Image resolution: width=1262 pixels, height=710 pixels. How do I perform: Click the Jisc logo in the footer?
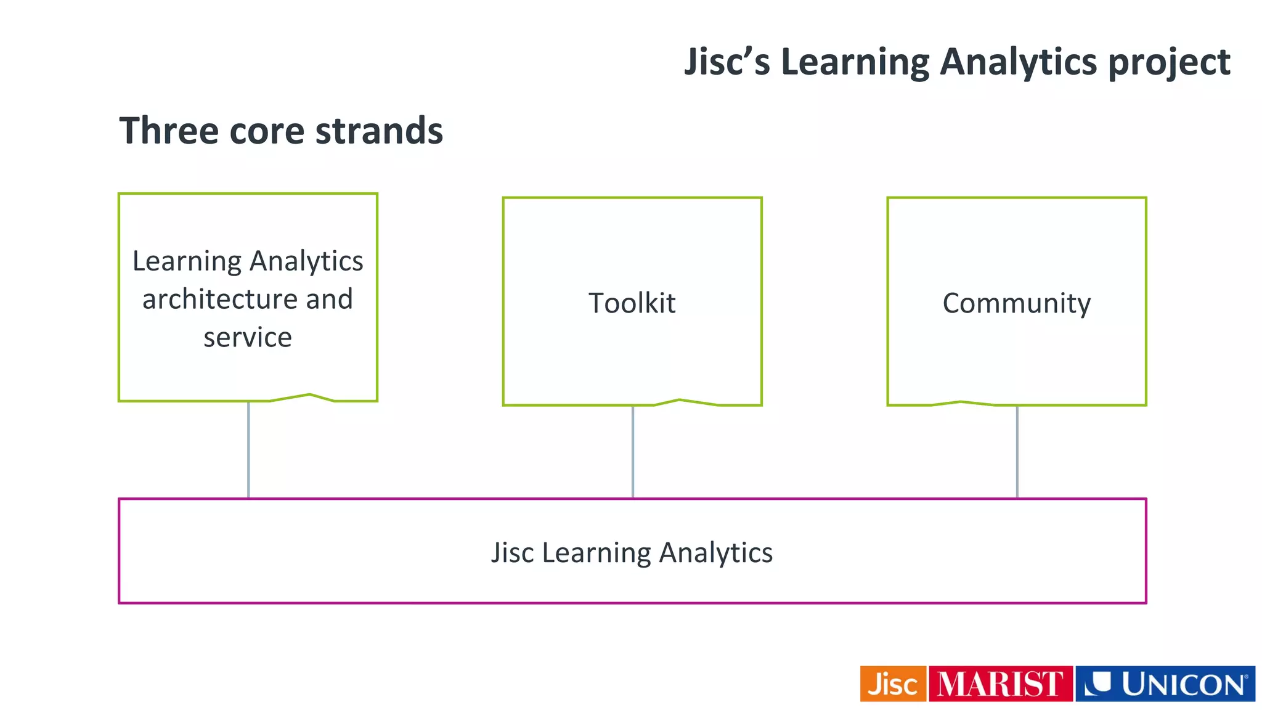click(x=893, y=684)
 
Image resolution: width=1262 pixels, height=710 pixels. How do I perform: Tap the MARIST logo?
click(x=1000, y=684)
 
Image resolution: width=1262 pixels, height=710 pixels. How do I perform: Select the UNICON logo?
click(x=1165, y=684)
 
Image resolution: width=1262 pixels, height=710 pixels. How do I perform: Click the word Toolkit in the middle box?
click(x=632, y=303)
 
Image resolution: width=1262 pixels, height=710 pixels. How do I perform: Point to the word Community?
click(x=1016, y=303)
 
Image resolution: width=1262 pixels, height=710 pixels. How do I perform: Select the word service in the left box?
click(x=248, y=338)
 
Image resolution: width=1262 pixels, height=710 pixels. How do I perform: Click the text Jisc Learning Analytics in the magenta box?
click(x=632, y=552)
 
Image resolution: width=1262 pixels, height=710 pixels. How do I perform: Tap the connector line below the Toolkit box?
click(x=633, y=452)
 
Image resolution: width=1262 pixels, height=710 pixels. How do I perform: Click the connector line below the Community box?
click(x=1017, y=452)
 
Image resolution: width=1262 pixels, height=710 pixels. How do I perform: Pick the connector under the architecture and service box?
click(x=248, y=450)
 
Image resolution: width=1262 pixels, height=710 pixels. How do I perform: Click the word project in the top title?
click(x=1169, y=63)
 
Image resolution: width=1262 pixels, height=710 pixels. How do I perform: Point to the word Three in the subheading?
click(x=168, y=131)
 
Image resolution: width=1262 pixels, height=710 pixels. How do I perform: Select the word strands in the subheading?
click(x=379, y=131)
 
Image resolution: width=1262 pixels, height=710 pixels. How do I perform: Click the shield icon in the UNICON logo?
click(x=1097, y=683)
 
